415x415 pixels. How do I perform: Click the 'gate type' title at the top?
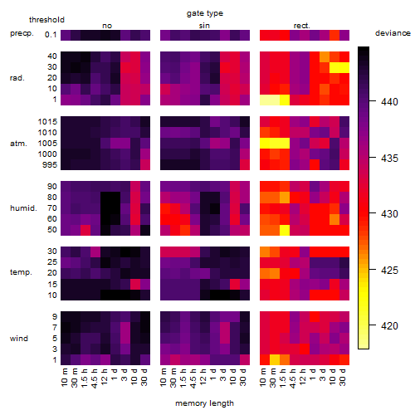205,13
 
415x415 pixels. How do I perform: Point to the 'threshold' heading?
46,20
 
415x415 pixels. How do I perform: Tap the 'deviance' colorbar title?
393,33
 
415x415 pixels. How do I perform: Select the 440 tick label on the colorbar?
389,102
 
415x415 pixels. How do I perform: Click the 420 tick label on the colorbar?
389,325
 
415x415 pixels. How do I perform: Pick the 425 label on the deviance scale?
389,270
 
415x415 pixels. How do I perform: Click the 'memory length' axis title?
204,403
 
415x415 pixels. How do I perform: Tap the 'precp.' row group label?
22,33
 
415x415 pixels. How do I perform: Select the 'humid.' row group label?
23,208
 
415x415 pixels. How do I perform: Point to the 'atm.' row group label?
18,144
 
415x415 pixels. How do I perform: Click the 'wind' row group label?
19,339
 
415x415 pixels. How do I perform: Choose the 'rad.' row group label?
17,78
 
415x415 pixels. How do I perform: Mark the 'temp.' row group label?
21,272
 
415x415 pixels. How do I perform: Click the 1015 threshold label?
47,122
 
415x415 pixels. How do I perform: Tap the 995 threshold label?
50,165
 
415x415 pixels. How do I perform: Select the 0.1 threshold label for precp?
51,35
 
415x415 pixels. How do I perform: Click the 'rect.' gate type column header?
302,26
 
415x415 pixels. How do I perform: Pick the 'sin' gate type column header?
204,26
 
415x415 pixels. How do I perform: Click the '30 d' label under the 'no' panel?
144,377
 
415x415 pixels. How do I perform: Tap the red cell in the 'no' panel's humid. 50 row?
85,230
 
